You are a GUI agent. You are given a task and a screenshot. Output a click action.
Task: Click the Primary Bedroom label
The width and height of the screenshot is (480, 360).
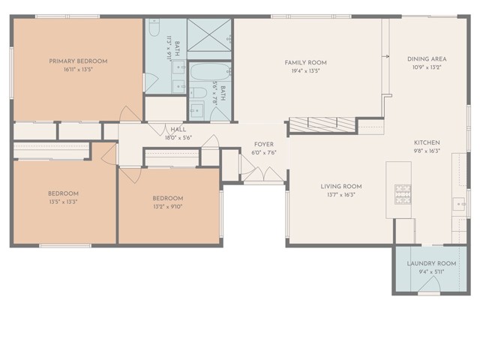78,61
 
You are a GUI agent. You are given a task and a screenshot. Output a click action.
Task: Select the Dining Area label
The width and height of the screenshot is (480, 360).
427,58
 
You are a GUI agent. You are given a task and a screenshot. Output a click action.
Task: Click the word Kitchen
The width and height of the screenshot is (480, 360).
427,142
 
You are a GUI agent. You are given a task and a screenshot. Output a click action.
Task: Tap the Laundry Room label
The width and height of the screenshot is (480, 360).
431,263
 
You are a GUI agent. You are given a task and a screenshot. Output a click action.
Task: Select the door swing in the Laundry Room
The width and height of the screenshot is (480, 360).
428,288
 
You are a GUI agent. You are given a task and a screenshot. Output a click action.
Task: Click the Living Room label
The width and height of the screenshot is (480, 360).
341,186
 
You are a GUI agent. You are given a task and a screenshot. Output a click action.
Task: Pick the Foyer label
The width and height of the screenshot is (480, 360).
263,144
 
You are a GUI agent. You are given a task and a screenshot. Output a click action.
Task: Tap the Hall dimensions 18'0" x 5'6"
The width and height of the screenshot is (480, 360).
178,138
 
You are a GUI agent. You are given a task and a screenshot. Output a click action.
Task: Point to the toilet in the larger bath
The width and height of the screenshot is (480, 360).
153,30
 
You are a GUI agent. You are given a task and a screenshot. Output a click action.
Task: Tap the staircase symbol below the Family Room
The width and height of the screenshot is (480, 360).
322,124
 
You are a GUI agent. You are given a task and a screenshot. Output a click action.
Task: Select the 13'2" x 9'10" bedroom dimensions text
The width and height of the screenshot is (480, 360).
167,207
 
